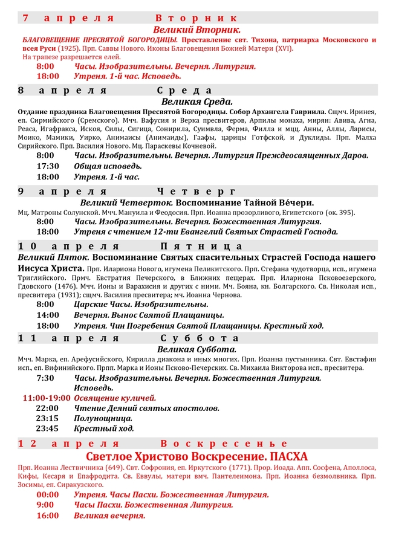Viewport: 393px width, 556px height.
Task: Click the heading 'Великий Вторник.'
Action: (197, 29)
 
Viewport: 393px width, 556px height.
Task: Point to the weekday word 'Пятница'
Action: (202, 247)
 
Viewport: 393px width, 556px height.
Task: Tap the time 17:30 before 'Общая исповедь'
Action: (48, 166)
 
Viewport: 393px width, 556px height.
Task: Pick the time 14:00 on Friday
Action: (48, 315)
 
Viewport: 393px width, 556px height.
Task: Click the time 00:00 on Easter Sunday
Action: (48, 494)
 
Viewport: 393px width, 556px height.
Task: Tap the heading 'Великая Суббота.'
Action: (197, 349)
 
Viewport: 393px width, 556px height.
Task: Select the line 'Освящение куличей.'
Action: (115, 398)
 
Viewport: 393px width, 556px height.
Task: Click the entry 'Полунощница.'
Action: (103, 418)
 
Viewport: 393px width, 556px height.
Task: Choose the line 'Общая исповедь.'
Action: (108, 166)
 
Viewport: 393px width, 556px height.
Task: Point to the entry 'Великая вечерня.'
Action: (109, 516)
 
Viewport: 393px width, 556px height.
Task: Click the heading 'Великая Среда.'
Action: (197, 102)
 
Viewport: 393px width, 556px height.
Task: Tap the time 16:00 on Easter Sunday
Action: (48, 516)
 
